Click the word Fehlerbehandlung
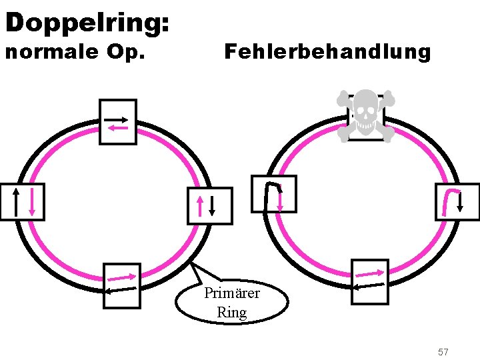327,52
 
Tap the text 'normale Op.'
75,52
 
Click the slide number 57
443,351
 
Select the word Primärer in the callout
232,293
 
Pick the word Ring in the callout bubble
232,312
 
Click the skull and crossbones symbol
365,115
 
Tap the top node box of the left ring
117,122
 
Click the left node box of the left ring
22,201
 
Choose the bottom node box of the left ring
122,285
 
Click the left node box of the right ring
273,194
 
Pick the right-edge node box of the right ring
457,202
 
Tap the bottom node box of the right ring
369,281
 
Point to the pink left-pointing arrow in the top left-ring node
117,127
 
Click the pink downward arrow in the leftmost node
31,202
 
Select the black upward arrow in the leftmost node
15,202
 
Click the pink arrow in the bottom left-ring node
121,277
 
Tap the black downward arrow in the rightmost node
461,202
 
